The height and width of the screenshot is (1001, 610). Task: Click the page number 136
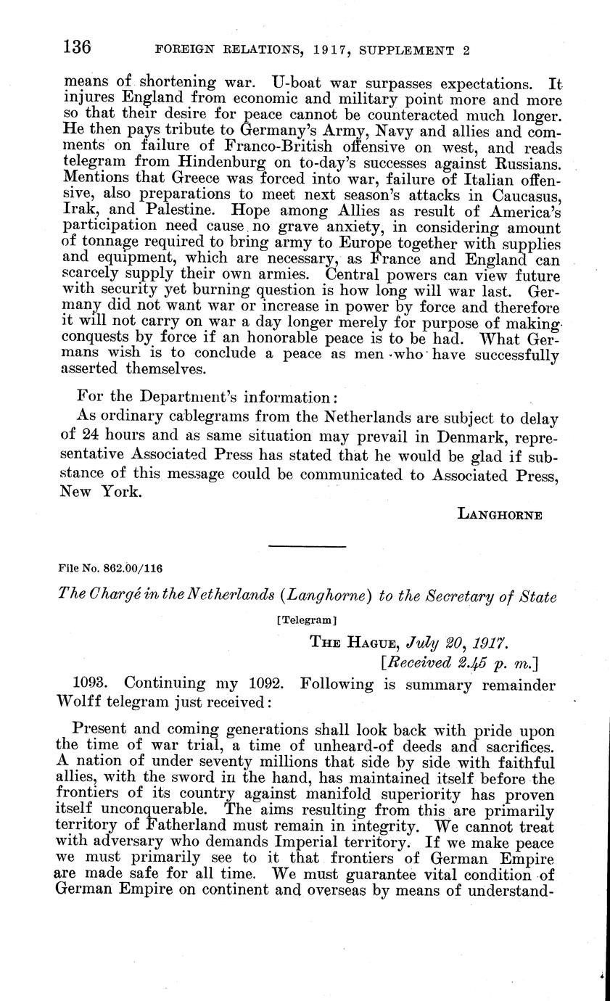click(78, 48)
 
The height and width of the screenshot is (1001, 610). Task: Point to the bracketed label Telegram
click(305, 621)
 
